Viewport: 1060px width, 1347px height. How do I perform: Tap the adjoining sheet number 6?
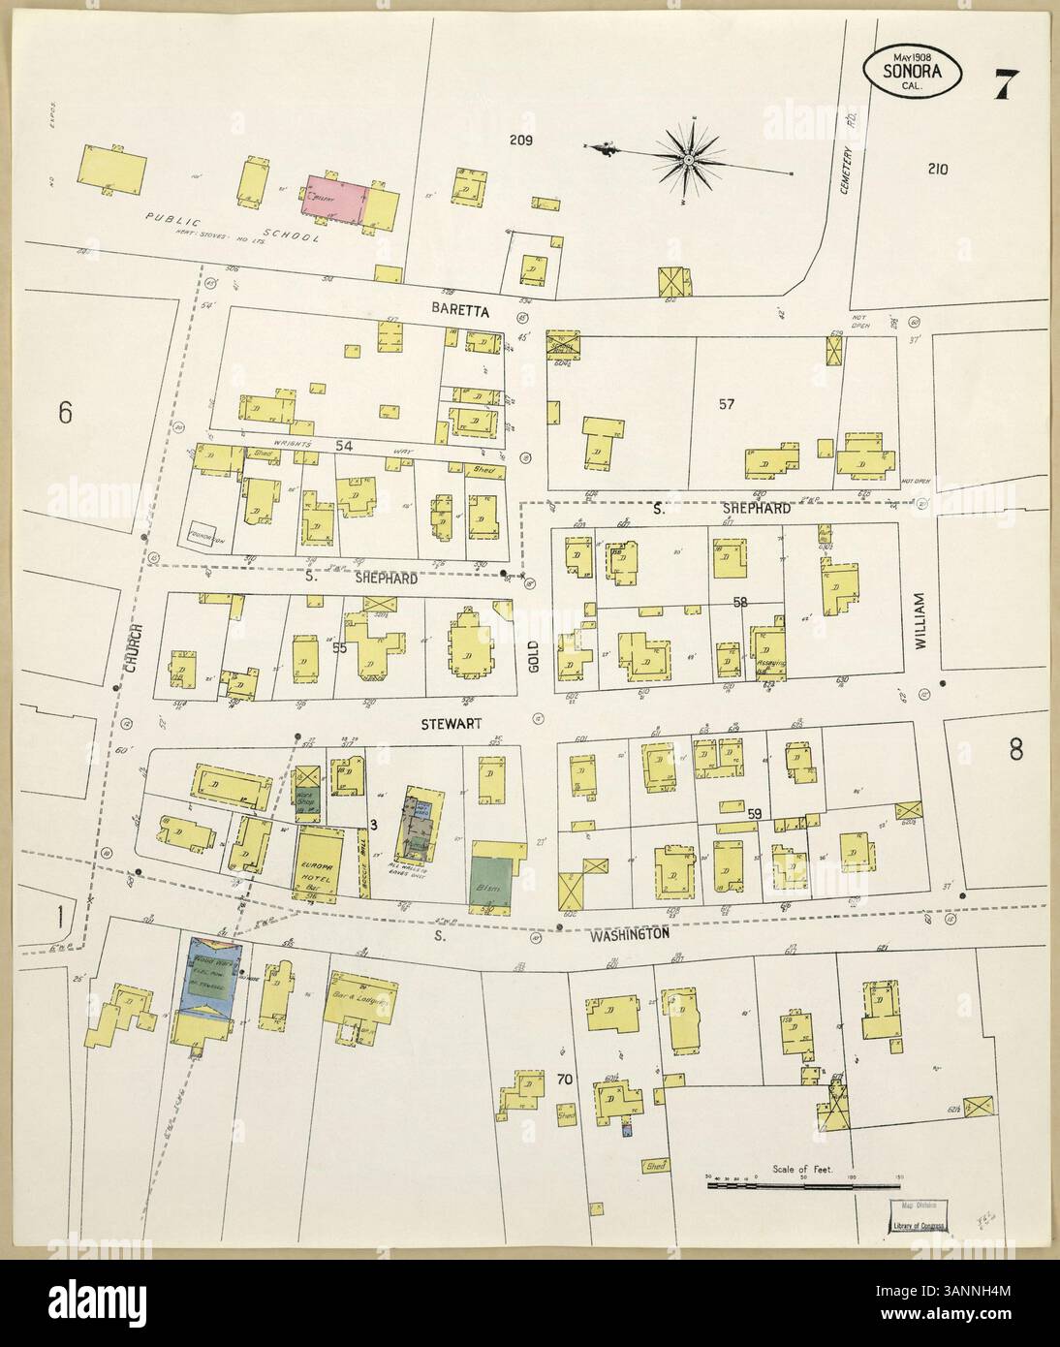pos(65,413)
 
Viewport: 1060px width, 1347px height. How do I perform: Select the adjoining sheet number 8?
pos(1015,749)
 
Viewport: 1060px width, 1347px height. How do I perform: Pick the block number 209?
pos(522,141)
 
